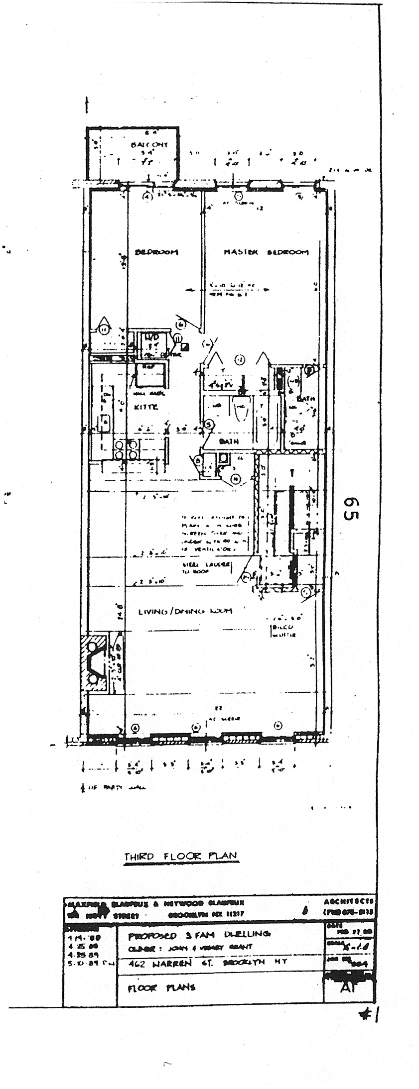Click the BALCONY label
pyautogui.click(x=149, y=145)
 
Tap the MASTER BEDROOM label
pyautogui.click(x=266, y=252)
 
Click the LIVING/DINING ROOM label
pyautogui.click(x=185, y=611)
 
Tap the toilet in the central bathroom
pyautogui.click(x=241, y=407)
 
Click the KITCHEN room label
pyautogui.click(x=146, y=407)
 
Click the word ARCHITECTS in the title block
pyautogui.click(x=349, y=901)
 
